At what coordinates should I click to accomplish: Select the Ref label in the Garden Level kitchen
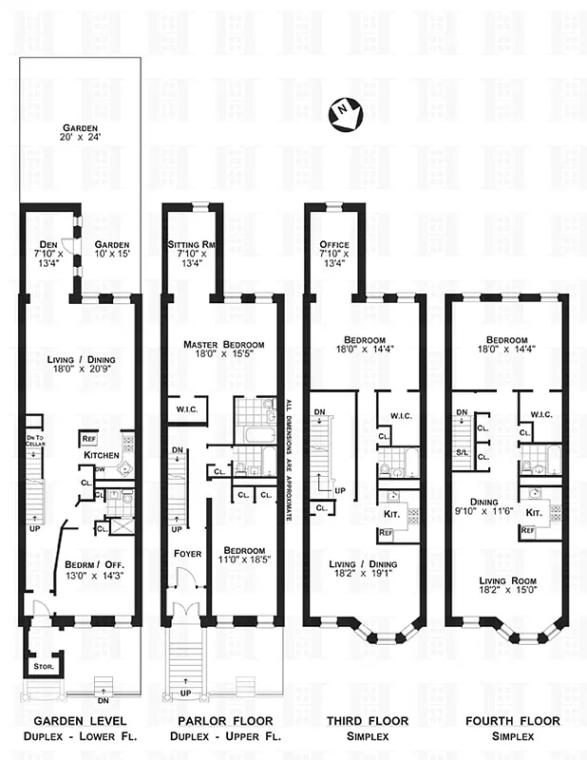click(89, 438)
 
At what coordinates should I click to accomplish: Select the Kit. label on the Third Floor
click(391, 514)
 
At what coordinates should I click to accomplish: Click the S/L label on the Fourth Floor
click(462, 453)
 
